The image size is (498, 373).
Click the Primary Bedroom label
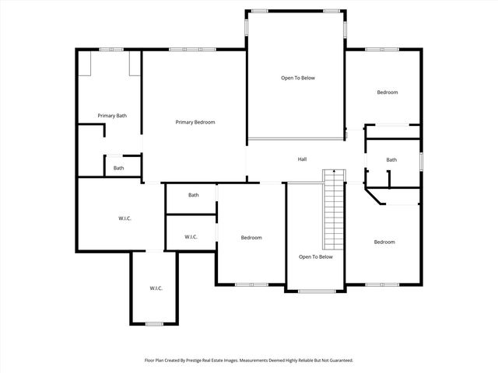[x=195, y=122]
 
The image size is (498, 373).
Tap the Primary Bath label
[x=112, y=116]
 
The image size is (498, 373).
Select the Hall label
[x=302, y=159]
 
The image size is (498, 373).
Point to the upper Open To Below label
[x=298, y=78]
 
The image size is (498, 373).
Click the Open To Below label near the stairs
[x=316, y=256]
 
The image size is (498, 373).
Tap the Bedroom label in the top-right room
[x=388, y=92]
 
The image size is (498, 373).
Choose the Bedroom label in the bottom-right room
[x=384, y=242]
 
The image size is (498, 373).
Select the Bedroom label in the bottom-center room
[x=251, y=237]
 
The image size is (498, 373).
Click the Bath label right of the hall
[x=391, y=160]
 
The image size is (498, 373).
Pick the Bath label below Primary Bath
[x=118, y=168]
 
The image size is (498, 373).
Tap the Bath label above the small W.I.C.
[x=193, y=195]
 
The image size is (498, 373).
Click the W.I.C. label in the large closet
[x=124, y=218]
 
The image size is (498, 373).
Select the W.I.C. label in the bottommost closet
[x=156, y=288]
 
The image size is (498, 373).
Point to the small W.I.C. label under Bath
[x=191, y=236]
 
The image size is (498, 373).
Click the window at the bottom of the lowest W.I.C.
[x=153, y=323]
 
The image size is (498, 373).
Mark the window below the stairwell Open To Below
[x=314, y=291]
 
